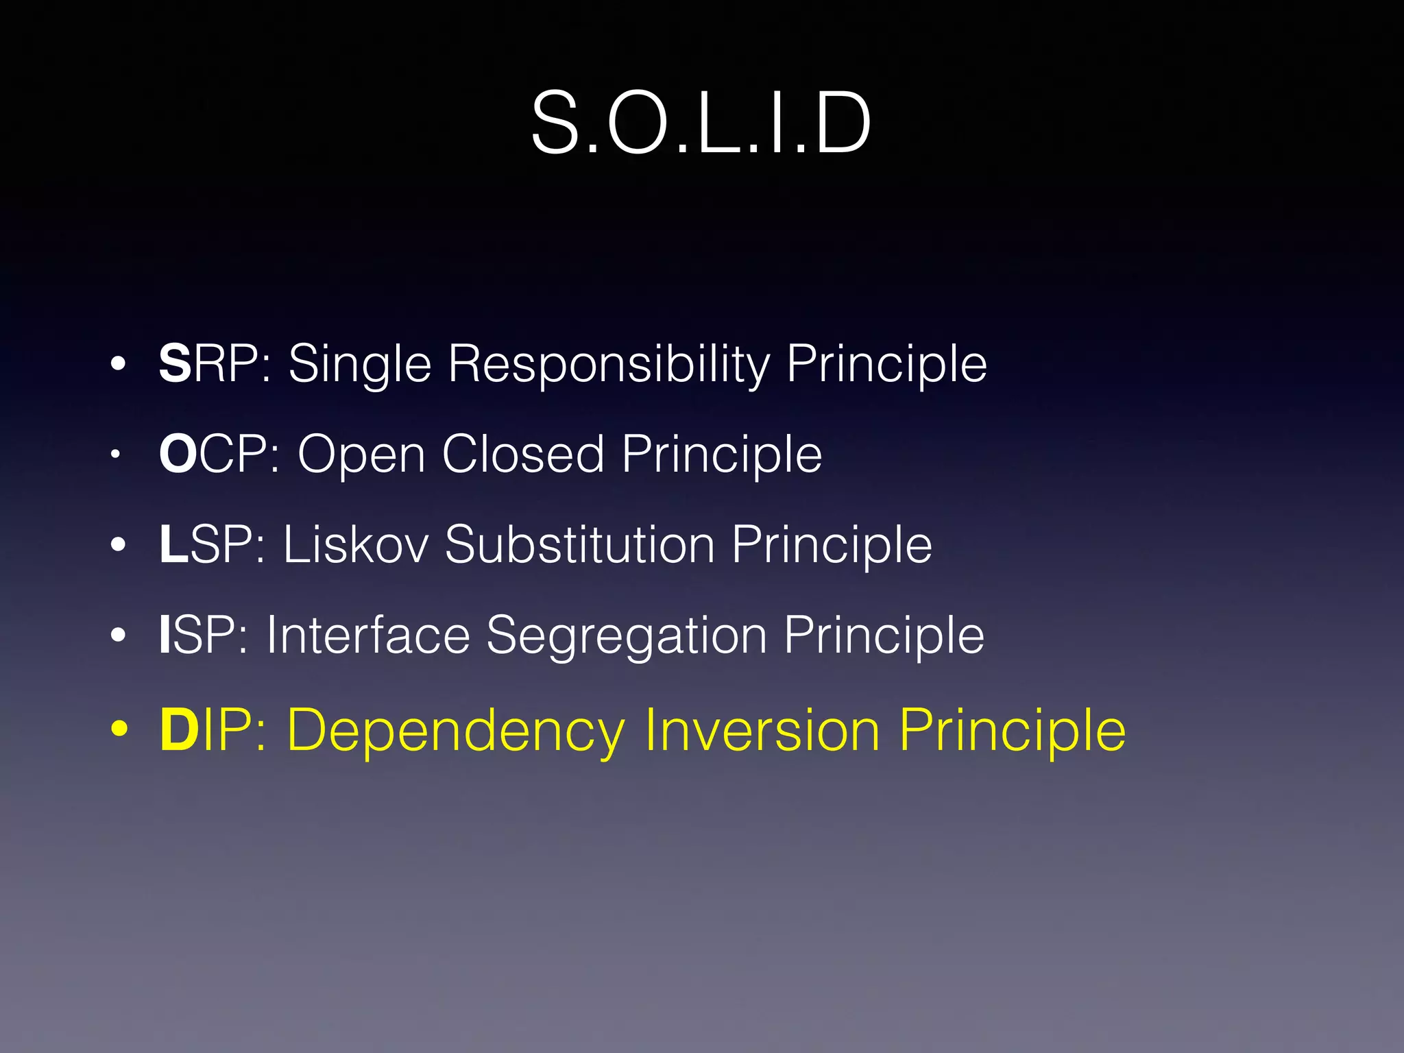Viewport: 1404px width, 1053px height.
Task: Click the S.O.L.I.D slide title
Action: [x=701, y=123]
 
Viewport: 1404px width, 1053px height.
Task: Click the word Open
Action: [x=361, y=455]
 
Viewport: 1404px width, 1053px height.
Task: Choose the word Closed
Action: [x=523, y=454]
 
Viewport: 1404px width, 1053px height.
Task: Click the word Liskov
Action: [x=356, y=544]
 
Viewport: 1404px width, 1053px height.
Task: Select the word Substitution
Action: [x=580, y=544]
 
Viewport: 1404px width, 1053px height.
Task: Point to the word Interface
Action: [x=368, y=635]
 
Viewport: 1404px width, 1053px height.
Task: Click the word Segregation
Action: [x=627, y=636]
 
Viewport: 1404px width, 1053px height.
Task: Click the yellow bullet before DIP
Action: [x=119, y=729]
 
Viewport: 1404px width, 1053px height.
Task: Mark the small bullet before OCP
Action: [x=117, y=454]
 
